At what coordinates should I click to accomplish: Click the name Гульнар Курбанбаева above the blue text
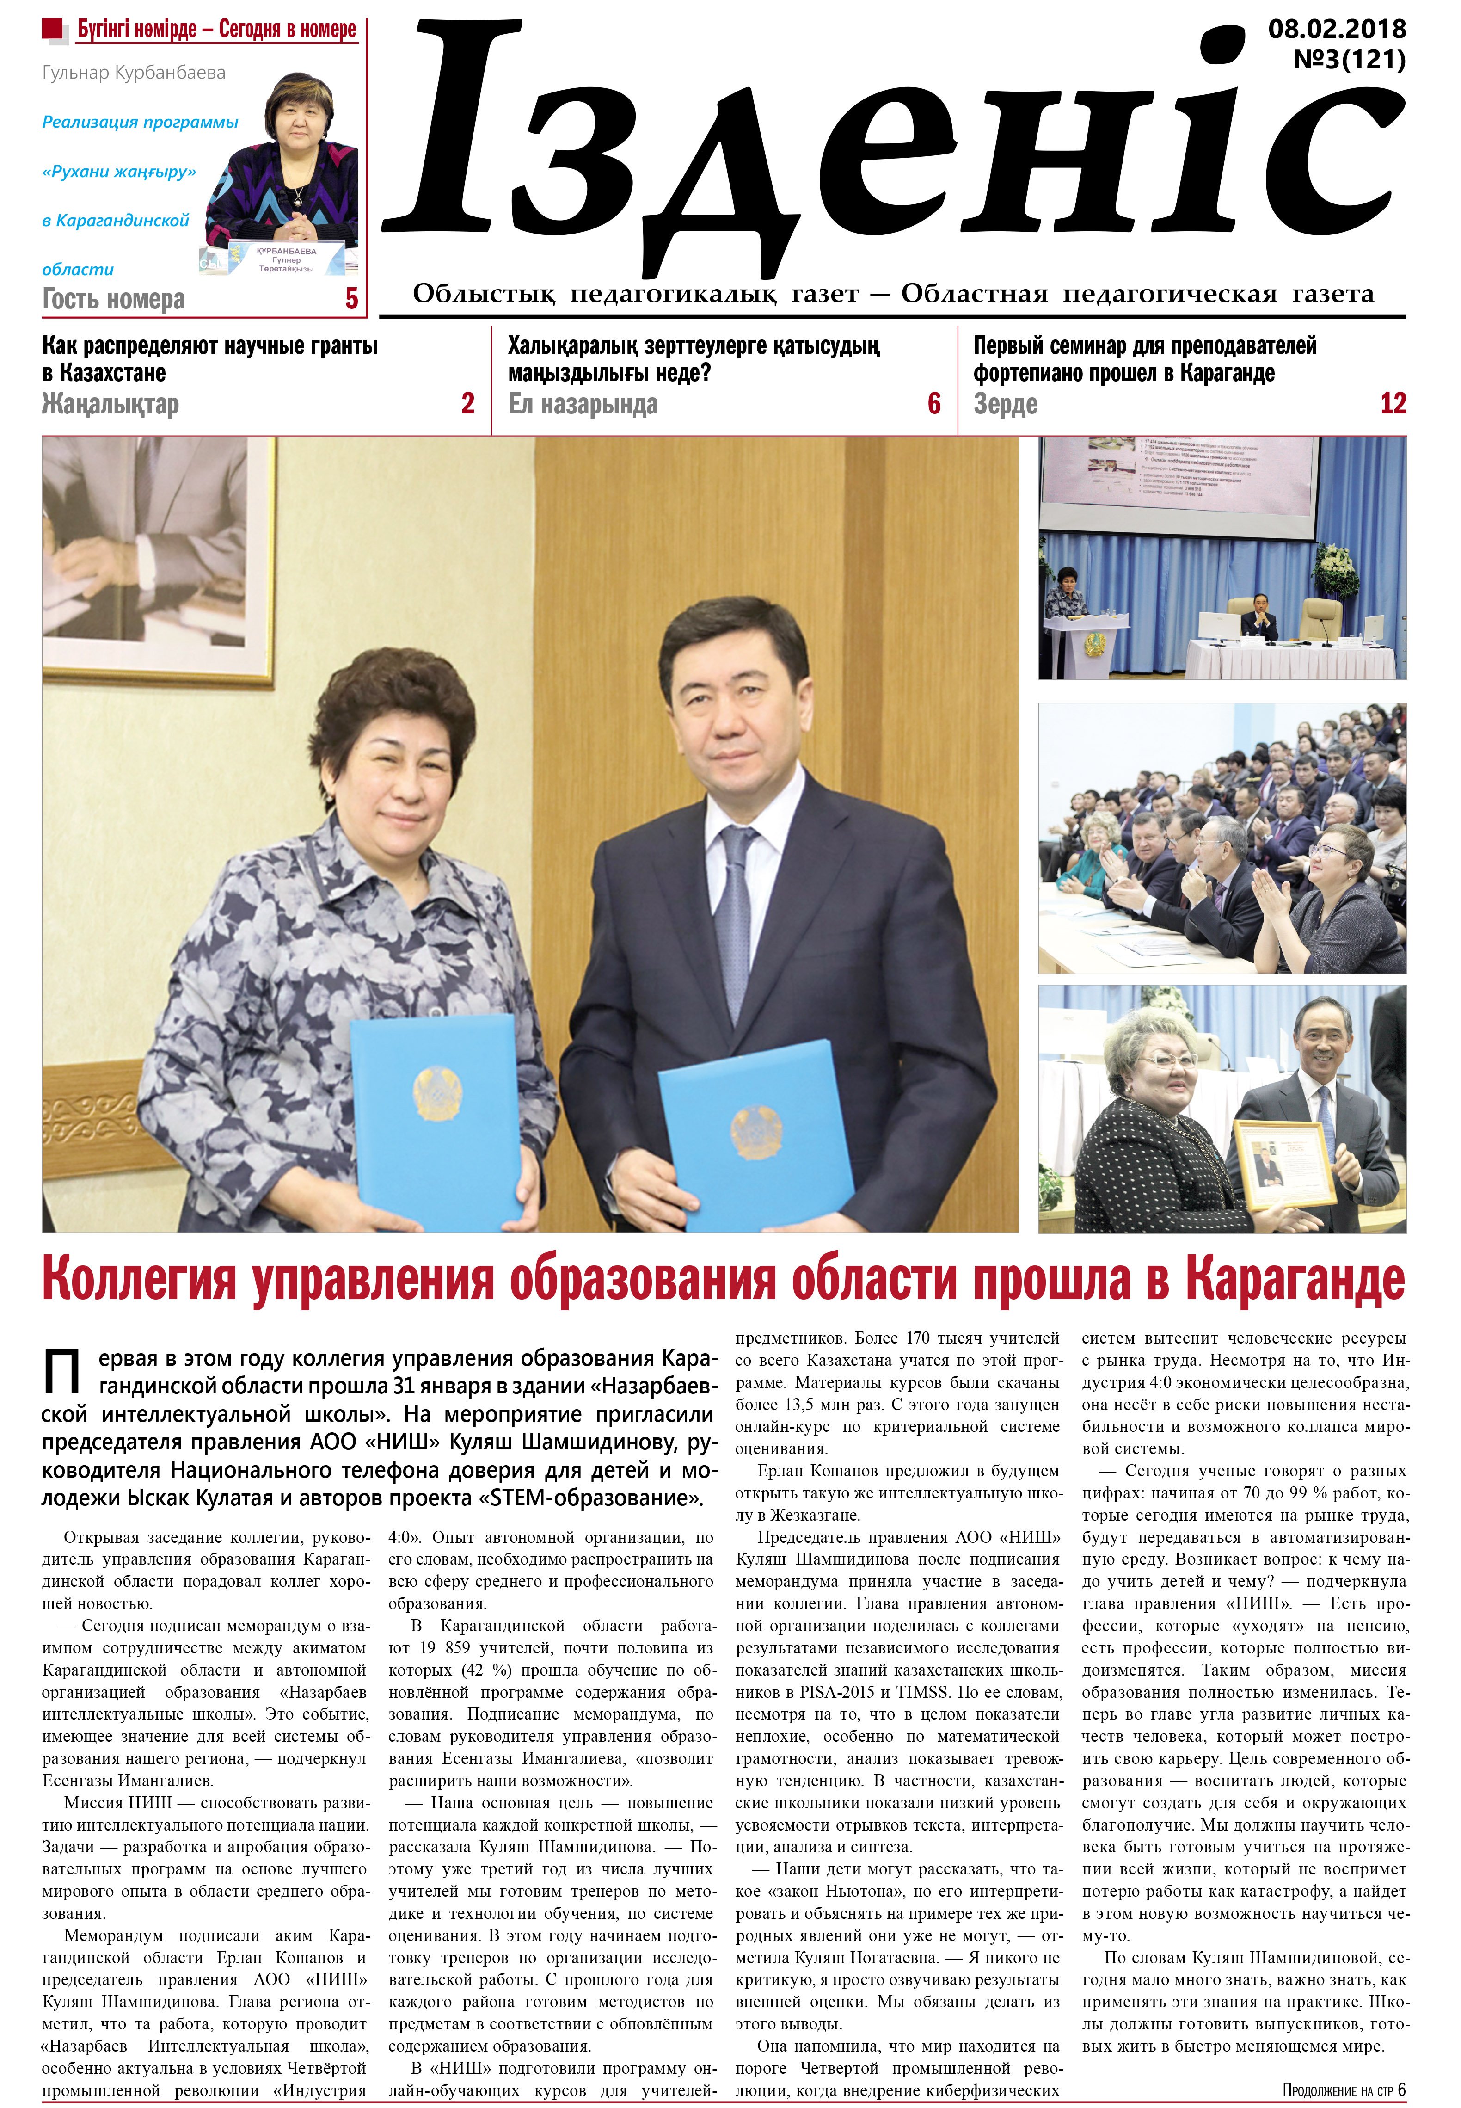pyautogui.click(x=134, y=72)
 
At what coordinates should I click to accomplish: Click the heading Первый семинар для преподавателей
pyautogui.click(x=1144, y=346)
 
